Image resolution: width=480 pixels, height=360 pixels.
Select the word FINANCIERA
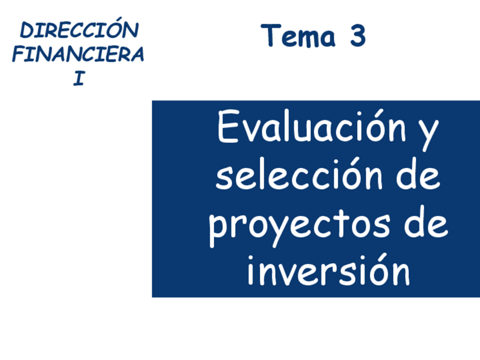click(x=78, y=54)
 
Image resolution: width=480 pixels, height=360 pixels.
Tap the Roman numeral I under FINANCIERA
click(x=79, y=78)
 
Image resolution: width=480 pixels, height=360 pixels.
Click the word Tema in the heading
click(x=298, y=36)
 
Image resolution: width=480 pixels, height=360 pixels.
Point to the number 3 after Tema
click(x=358, y=36)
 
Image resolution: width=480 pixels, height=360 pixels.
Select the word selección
click(x=299, y=174)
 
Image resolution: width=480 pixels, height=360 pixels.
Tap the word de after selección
click(x=418, y=174)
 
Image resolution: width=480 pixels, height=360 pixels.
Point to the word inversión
click(x=328, y=270)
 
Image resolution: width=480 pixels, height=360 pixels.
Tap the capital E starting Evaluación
click(x=228, y=126)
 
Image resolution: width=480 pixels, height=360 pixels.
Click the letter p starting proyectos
click(x=218, y=230)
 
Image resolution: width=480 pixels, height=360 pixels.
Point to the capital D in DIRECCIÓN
click(x=27, y=31)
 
